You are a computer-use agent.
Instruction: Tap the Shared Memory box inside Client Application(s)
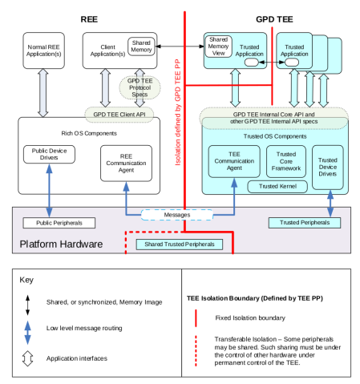(141, 46)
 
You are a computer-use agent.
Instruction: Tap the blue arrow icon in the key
(26, 326)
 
